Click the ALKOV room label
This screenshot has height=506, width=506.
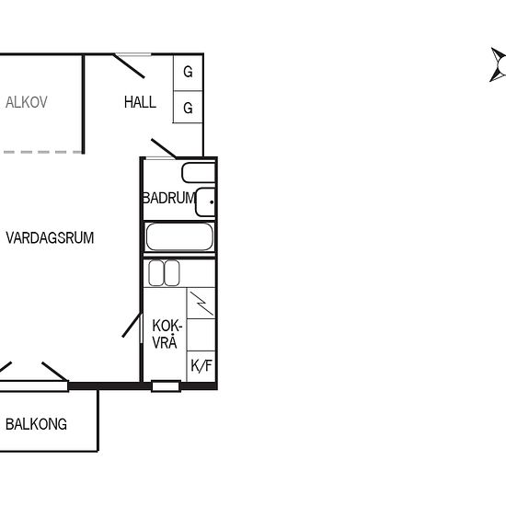[27, 102]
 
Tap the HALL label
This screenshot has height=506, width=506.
[140, 102]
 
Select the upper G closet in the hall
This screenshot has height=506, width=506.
[188, 73]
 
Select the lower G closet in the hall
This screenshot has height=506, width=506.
[188, 107]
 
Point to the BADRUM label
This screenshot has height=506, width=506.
[169, 198]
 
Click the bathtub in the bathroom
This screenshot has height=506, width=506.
[179, 236]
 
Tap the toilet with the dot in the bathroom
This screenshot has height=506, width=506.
[205, 202]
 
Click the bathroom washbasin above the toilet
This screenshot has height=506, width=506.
[199, 173]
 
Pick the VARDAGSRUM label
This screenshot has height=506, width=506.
[50, 238]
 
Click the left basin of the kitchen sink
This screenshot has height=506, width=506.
[156, 273]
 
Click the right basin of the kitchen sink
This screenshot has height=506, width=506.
[172, 273]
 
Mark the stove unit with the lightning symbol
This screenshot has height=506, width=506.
[201, 303]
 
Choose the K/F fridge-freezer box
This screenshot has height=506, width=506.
[201, 366]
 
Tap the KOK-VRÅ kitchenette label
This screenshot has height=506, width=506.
[167, 334]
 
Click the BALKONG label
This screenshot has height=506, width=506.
[36, 424]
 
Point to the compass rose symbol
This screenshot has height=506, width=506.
[498, 65]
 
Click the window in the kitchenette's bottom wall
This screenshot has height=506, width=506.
[166, 386]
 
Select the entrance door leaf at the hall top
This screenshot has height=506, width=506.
[129, 66]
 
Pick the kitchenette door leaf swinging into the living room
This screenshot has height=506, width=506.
[132, 325]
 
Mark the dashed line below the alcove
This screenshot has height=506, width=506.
[42, 152]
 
